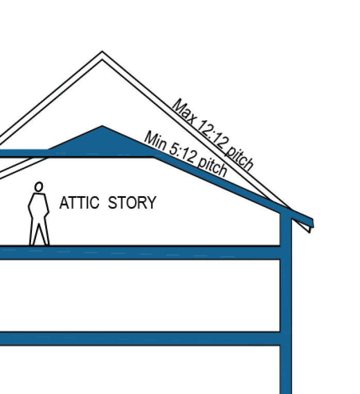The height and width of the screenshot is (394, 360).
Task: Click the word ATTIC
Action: click(79, 202)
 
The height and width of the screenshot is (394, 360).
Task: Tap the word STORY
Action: click(132, 202)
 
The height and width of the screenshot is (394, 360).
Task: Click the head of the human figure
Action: click(38, 186)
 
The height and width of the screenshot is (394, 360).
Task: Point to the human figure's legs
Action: click(39, 232)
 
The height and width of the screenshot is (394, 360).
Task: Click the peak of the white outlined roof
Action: click(102, 53)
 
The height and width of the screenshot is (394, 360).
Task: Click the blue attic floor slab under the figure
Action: click(139, 253)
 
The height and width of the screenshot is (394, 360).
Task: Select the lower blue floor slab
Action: click(139, 338)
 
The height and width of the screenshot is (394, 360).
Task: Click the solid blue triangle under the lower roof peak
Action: click(102, 140)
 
